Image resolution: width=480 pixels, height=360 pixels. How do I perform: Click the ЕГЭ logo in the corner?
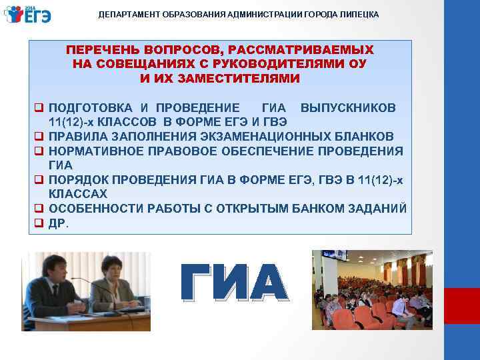coord(27,13)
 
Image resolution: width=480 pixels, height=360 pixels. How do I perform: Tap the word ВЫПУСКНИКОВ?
coord(348,108)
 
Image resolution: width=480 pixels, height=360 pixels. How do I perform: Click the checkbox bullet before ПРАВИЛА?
coord(40,136)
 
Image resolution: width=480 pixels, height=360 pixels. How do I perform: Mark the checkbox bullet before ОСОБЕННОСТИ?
coord(40,207)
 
